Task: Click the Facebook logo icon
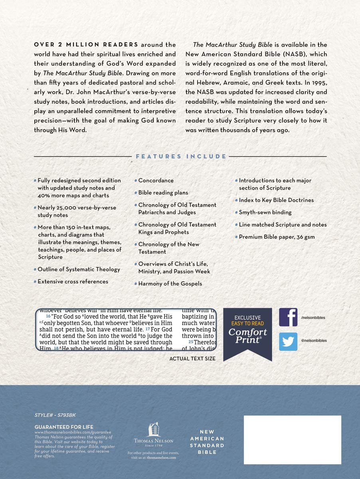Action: (x=288, y=318)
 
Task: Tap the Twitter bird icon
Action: (x=288, y=341)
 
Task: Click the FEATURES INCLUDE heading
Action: (x=181, y=156)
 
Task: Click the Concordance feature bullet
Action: (x=156, y=180)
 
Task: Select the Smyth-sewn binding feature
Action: (x=265, y=212)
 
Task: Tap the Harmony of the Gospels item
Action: (x=170, y=283)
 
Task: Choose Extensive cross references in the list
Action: (x=73, y=281)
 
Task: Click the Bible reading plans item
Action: (x=163, y=192)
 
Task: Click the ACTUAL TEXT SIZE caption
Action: (x=192, y=359)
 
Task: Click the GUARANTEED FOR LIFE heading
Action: (x=64, y=427)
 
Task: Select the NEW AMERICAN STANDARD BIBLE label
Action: (x=207, y=442)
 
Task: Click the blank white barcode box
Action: (x=293, y=439)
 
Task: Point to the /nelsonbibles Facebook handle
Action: (x=314, y=318)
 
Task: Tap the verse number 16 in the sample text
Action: (x=48, y=316)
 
